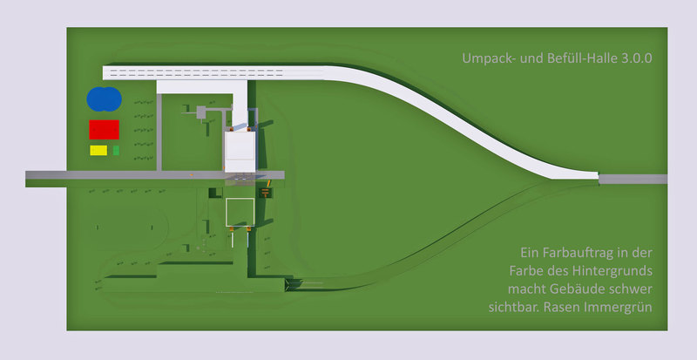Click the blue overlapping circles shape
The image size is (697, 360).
pyautogui.click(x=104, y=98)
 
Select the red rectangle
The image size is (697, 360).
pyautogui.click(x=104, y=129)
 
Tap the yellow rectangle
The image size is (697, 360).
pyautogui.click(x=98, y=150)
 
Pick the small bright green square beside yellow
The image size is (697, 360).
pyautogui.click(x=116, y=150)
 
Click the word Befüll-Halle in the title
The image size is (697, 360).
pyautogui.click(x=566, y=59)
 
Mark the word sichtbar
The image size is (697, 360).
pyautogui.click(x=514, y=306)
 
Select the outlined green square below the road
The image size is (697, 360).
pyautogui.click(x=240, y=212)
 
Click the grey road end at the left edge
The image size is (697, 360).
pyautogui.click(x=39, y=177)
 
